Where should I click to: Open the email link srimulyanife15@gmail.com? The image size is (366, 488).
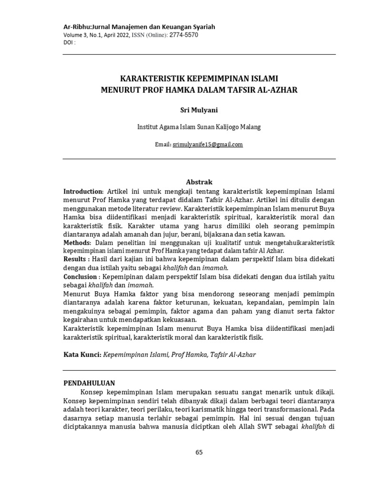pos(207,144)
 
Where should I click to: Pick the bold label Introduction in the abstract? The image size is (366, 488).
pos(83,191)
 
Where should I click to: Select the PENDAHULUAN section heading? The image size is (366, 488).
pos(90,383)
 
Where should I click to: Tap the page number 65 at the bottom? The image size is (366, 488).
pos(199,452)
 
